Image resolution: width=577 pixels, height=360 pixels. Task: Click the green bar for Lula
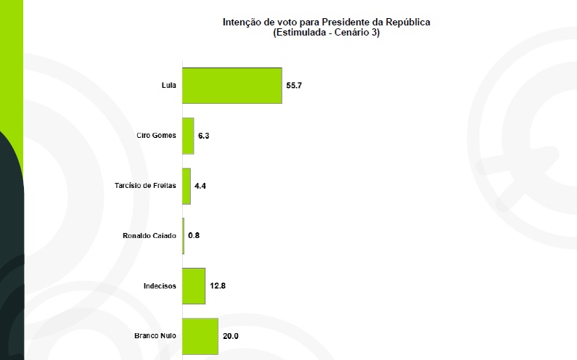[x=232, y=85]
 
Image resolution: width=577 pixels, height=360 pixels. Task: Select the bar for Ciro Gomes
[x=188, y=136]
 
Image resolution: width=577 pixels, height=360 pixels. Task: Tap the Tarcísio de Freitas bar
[x=187, y=186]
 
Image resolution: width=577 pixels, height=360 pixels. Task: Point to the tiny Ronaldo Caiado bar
[x=184, y=236]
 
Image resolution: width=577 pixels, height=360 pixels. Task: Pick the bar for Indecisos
[x=194, y=286]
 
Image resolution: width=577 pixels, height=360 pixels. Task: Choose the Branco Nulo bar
[x=200, y=336]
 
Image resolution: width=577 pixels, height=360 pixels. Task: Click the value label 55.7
[x=294, y=86]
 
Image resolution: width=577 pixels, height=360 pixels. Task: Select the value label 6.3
[x=204, y=136]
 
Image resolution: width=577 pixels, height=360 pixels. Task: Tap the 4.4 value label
[x=200, y=186]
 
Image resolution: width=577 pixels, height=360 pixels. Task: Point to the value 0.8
[x=194, y=236]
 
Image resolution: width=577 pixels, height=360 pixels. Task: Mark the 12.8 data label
[x=218, y=286]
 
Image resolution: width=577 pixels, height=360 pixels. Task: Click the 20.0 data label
[x=231, y=336]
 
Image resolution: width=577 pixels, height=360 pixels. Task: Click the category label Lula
[x=168, y=86]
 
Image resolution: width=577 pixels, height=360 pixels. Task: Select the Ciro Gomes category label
[x=156, y=136]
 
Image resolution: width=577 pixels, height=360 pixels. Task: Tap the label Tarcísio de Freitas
[x=145, y=186]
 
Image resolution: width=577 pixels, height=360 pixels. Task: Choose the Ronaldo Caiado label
[x=150, y=236]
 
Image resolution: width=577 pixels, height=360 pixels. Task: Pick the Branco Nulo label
[x=155, y=336]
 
